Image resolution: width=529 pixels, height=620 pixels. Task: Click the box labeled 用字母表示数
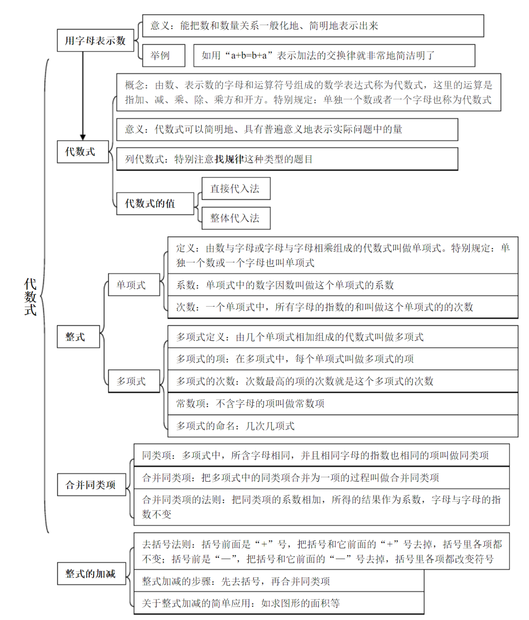(x=95, y=41)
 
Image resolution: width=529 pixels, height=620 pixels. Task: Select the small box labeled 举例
(x=163, y=55)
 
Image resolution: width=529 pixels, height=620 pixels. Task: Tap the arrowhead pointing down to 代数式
(x=83, y=137)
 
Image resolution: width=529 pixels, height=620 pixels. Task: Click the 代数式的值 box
(x=155, y=204)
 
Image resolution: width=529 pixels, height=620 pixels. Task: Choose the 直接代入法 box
(x=236, y=189)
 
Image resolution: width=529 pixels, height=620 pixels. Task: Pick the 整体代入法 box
(x=236, y=218)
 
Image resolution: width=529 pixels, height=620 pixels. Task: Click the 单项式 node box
(x=134, y=285)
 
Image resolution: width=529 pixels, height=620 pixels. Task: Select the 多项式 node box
(x=134, y=381)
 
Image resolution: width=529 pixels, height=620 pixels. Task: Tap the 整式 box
(x=78, y=336)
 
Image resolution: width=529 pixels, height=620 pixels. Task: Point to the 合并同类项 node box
(x=92, y=485)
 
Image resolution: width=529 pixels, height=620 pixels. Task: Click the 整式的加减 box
(x=92, y=573)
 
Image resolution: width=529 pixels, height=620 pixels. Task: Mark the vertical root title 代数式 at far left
(x=30, y=297)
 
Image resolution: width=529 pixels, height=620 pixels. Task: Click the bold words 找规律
(x=229, y=159)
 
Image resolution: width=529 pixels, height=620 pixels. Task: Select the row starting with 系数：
(x=342, y=285)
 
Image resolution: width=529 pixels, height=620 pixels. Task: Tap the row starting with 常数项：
(x=342, y=403)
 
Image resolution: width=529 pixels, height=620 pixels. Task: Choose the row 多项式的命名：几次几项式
(x=342, y=426)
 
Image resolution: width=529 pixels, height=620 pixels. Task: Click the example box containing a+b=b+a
(x=334, y=55)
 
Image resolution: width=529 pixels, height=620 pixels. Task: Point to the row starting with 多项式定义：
(x=342, y=337)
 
